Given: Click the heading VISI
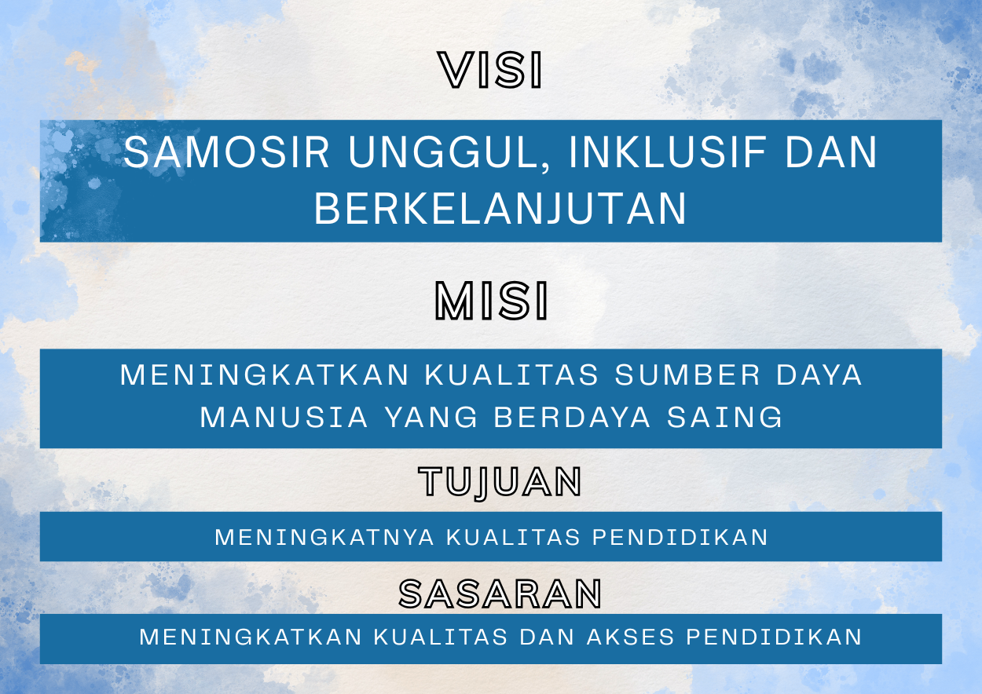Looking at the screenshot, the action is click(x=490, y=70).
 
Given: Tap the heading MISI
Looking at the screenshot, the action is click(x=491, y=301).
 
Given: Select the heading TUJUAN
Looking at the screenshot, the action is click(x=500, y=482).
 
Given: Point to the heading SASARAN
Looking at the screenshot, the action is click(x=500, y=594).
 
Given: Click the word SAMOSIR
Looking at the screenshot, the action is click(x=225, y=152).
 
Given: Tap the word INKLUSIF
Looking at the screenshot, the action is click(x=666, y=152).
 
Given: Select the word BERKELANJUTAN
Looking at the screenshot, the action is click(x=500, y=208).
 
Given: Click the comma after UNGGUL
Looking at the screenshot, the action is click(x=545, y=168).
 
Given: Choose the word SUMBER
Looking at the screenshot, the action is click(x=687, y=375).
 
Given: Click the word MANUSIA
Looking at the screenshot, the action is click(x=284, y=417).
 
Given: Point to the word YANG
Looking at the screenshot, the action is click(x=431, y=417).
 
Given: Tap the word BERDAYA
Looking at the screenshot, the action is click(x=572, y=417).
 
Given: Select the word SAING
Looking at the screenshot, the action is click(x=724, y=417).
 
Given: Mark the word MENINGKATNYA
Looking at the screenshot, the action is click(x=324, y=537).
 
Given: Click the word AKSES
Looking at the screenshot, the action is click(x=630, y=637).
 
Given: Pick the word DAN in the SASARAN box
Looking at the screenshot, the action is click(x=547, y=637).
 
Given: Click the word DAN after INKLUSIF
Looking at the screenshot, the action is click(x=831, y=152).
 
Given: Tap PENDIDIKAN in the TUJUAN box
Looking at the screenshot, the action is click(x=680, y=537).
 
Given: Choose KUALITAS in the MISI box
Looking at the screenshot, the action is click(x=511, y=375).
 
